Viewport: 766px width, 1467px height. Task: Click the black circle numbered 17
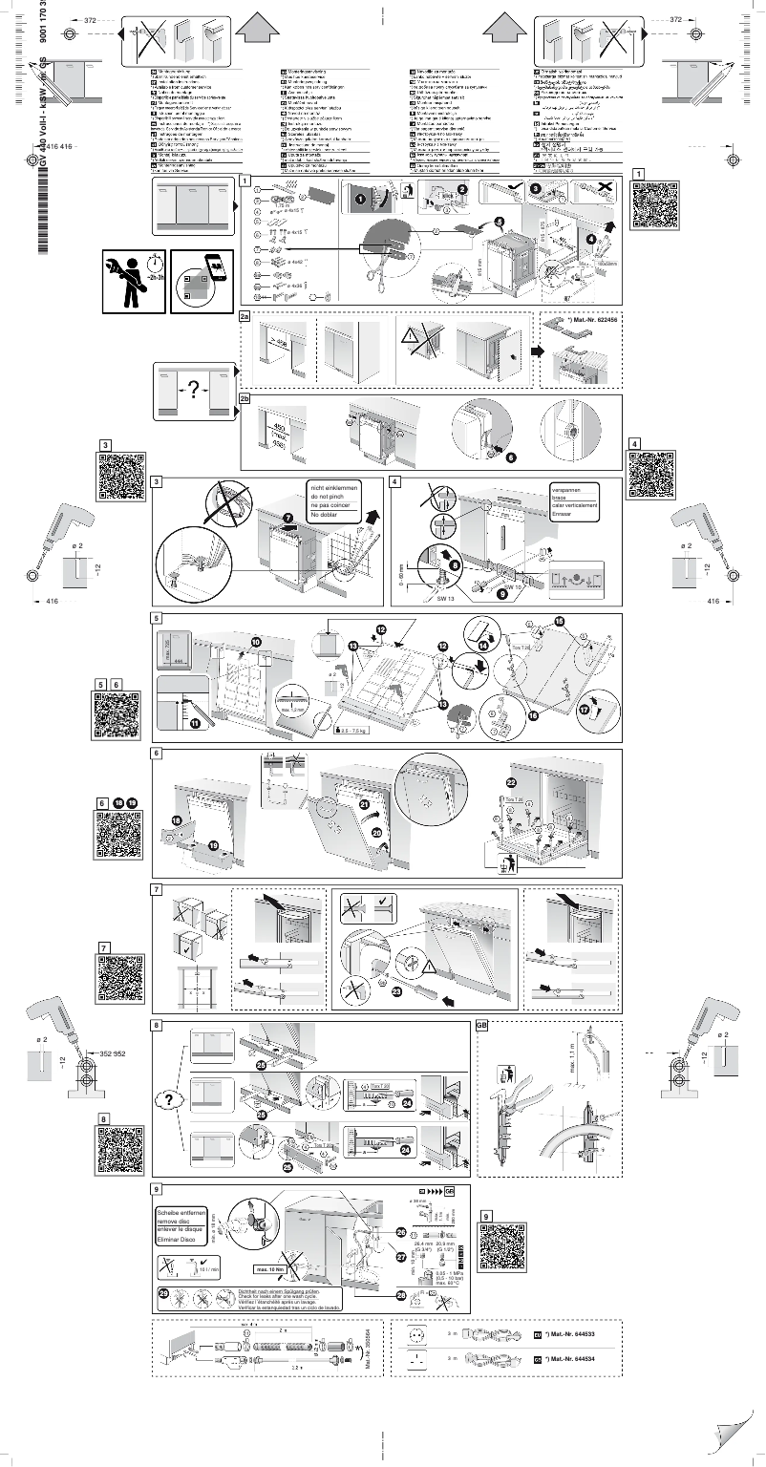(x=585, y=710)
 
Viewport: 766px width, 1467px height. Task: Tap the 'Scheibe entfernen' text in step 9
(x=181, y=1211)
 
